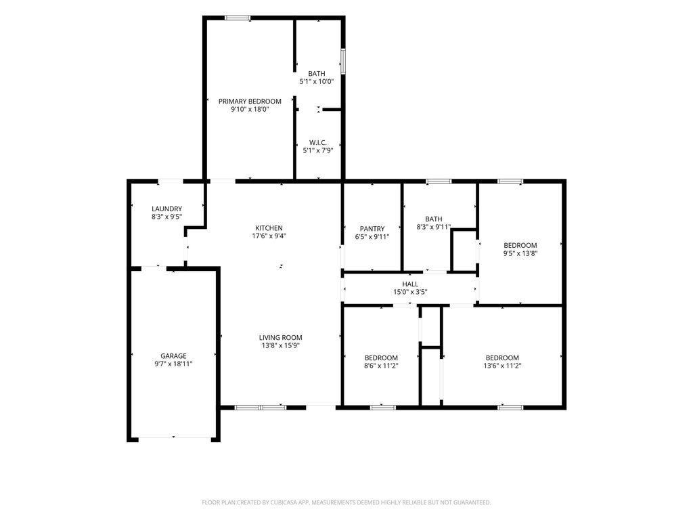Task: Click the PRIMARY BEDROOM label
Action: (x=250, y=102)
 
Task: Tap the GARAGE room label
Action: (x=173, y=356)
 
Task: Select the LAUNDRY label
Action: (x=166, y=209)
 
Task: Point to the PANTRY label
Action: (x=372, y=229)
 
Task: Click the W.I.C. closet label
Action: (x=318, y=142)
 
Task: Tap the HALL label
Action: (x=410, y=284)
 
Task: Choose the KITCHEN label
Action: (x=269, y=228)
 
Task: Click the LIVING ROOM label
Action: (x=281, y=338)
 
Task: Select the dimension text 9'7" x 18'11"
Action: (x=173, y=364)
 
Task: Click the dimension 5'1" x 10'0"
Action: (x=317, y=81)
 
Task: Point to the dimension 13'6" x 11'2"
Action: (x=503, y=366)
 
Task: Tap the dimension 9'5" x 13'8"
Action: (x=520, y=253)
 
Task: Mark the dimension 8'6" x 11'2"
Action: (x=382, y=366)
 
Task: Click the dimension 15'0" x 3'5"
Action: (x=410, y=292)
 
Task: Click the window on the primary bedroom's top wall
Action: (x=238, y=18)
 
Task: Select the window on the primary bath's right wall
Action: (x=342, y=61)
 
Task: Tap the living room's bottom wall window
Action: (x=261, y=407)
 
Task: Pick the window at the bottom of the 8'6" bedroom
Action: (x=383, y=407)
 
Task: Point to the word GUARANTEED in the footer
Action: (x=471, y=502)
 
